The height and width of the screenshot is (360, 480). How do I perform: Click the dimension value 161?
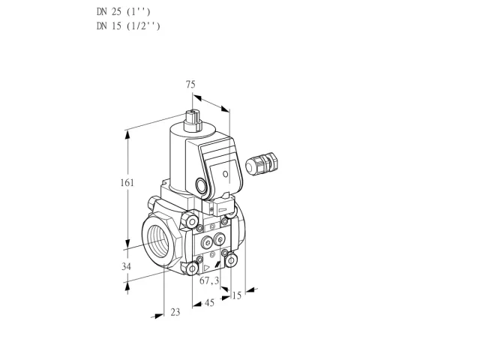(x=127, y=183)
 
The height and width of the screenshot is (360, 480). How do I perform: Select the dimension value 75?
(x=190, y=84)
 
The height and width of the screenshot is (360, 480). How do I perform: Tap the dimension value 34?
(x=126, y=267)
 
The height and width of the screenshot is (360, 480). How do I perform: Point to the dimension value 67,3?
(x=209, y=280)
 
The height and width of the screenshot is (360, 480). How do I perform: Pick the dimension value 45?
(x=209, y=303)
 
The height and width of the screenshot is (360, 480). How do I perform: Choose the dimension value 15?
(x=237, y=295)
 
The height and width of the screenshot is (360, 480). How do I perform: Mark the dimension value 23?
(x=175, y=312)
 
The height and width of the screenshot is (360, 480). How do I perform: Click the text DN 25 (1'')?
(x=124, y=12)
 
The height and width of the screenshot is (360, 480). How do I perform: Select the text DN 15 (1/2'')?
(x=128, y=26)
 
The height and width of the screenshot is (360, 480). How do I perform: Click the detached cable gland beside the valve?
(x=262, y=163)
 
